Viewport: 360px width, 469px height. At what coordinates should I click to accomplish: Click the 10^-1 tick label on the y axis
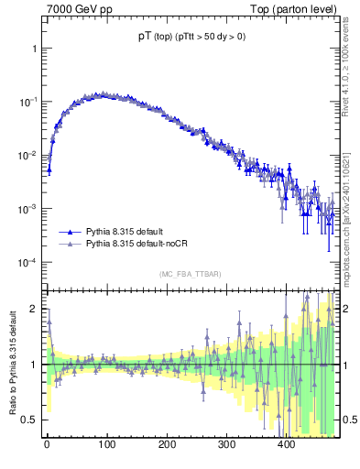(27, 101)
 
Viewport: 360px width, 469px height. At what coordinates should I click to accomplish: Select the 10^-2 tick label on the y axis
(27, 155)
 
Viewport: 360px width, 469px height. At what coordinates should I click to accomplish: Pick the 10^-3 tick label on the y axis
(27, 209)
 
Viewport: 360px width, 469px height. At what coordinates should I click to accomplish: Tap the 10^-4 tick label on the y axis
(27, 263)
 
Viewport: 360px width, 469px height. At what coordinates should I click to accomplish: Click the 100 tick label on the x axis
(106, 444)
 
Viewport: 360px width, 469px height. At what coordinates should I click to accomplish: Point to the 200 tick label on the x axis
(167, 444)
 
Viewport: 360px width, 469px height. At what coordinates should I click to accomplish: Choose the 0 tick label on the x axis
(47, 444)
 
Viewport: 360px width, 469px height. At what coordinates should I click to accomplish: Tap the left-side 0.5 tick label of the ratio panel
(31, 420)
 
